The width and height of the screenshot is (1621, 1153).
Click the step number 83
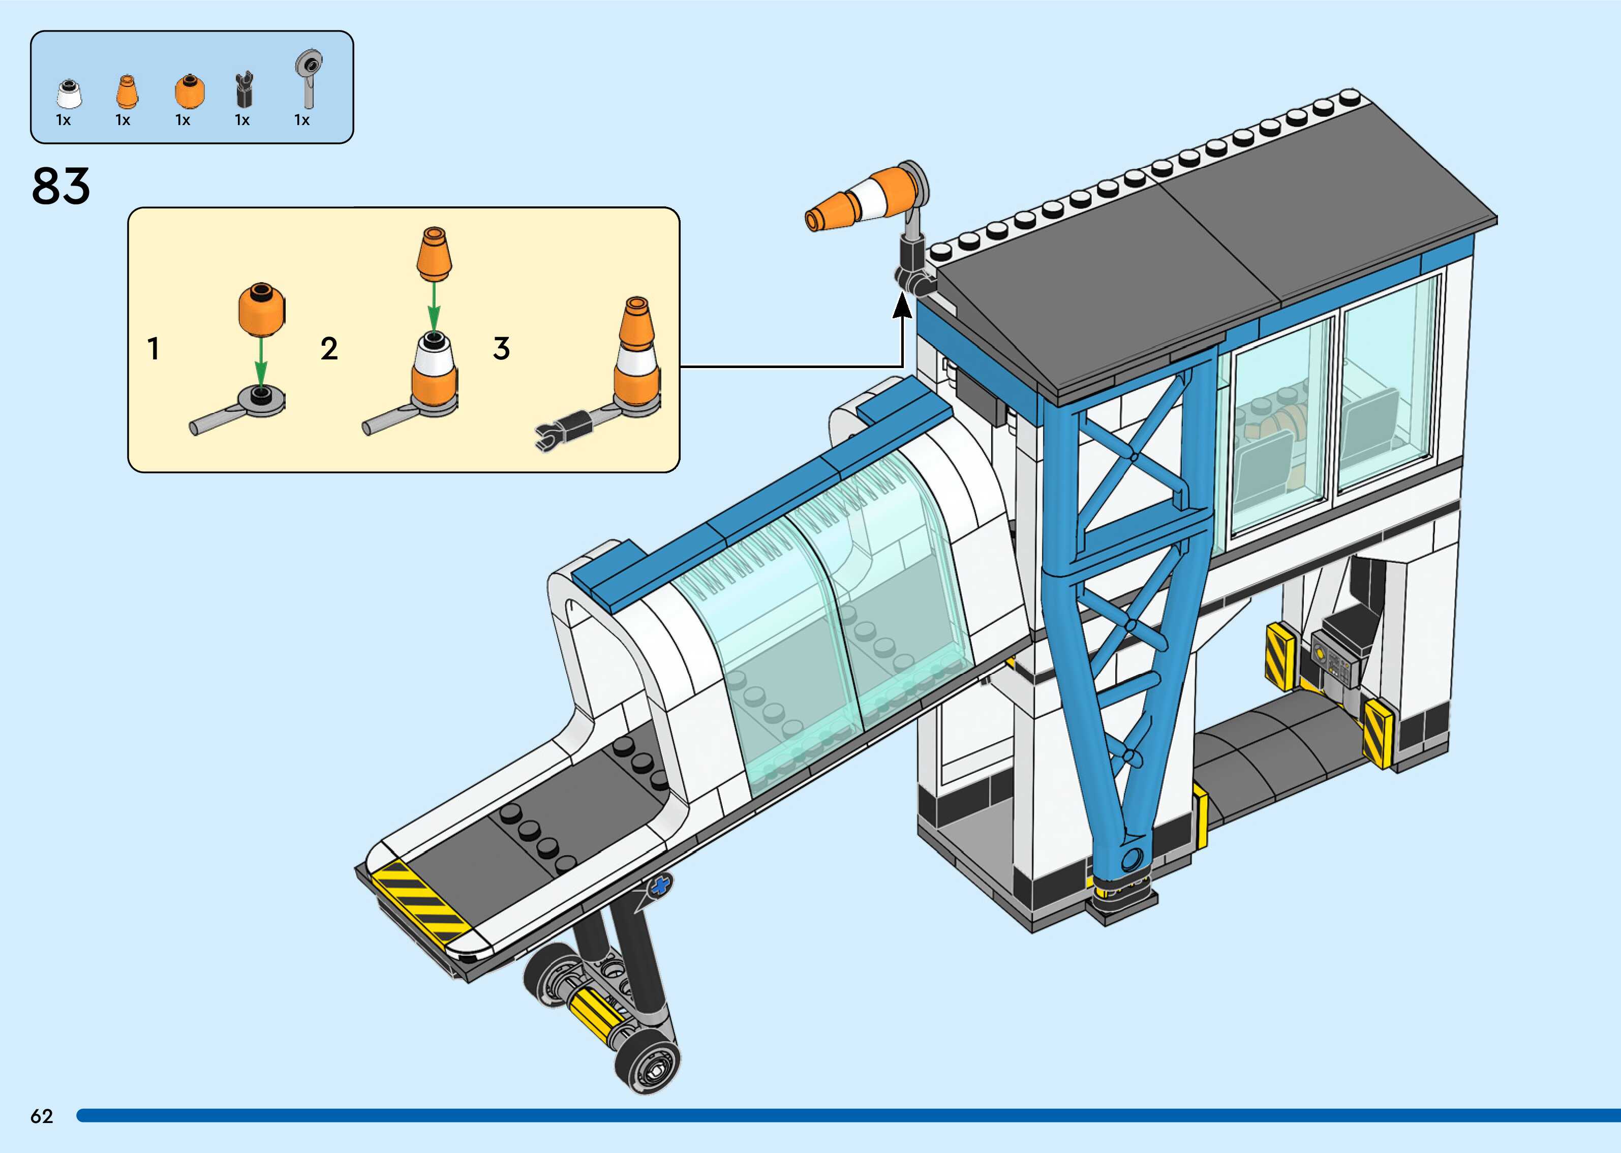[61, 187]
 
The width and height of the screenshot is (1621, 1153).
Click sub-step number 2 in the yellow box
[328, 349]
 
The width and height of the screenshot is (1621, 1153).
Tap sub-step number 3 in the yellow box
[502, 349]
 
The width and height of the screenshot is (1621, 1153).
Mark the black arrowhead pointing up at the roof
[902, 306]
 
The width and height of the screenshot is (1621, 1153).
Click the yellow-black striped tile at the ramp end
[419, 901]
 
